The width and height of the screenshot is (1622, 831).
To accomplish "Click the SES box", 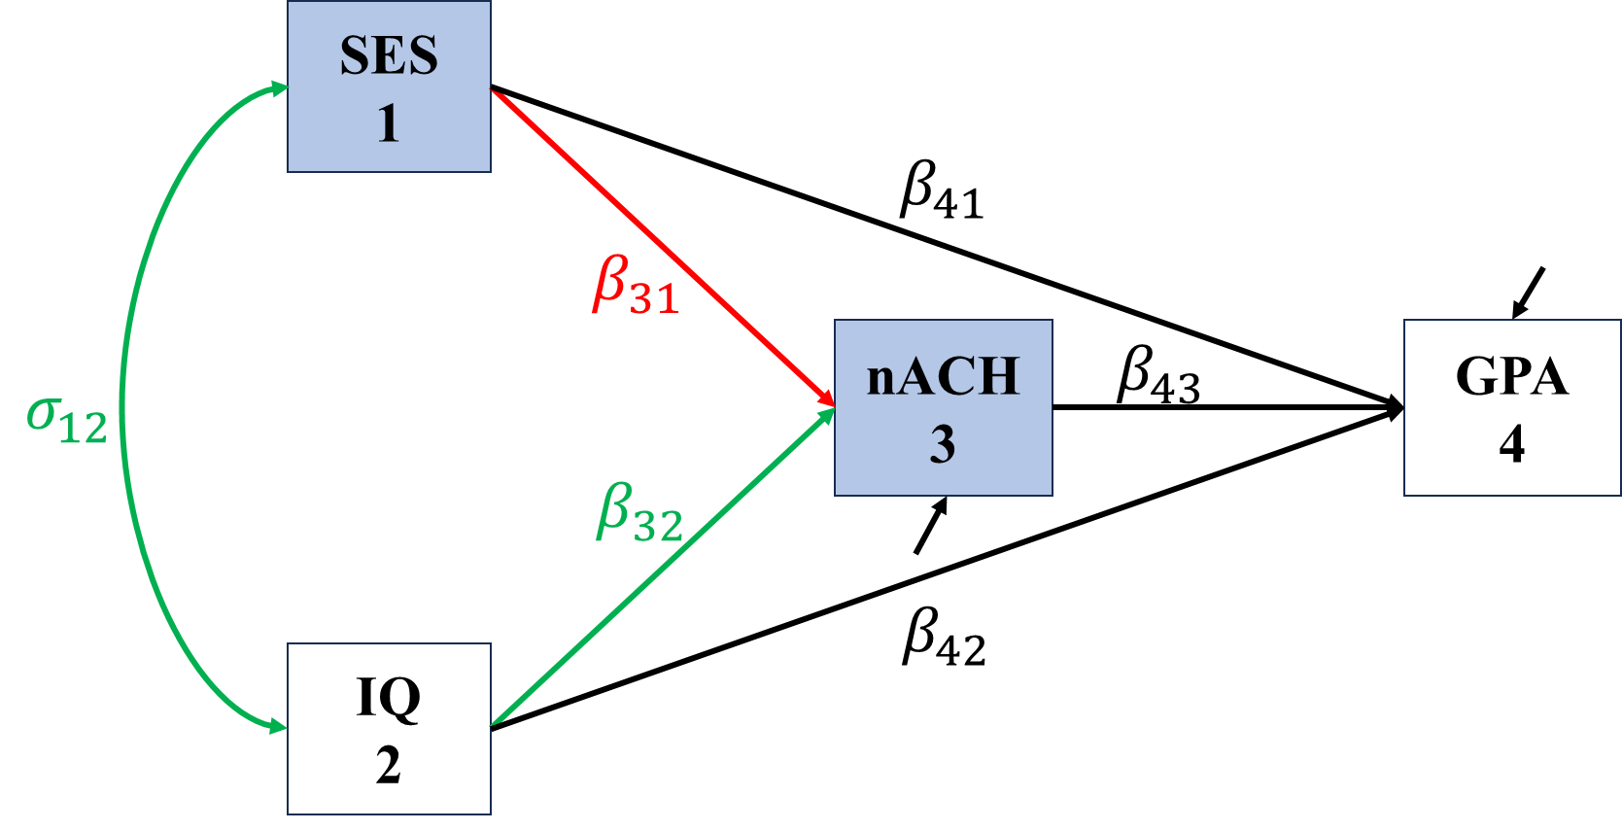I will tap(389, 87).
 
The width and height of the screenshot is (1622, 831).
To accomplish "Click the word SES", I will tap(389, 56).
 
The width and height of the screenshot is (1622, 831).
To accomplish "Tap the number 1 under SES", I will tap(389, 124).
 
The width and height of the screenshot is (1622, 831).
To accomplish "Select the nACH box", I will tap(943, 407).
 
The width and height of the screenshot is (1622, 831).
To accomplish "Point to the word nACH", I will tap(943, 377).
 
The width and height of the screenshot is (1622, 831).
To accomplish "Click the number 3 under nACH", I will tap(943, 445).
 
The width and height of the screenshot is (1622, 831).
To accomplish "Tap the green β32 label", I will tap(639, 513).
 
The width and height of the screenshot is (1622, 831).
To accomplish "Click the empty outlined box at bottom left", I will tap(389, 728).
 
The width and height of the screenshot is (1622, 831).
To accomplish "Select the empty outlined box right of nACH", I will tap(1511, 407).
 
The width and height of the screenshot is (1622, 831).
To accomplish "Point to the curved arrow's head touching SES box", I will tap(280, 88).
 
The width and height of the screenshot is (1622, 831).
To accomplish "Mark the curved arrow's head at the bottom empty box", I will tap(279, 726).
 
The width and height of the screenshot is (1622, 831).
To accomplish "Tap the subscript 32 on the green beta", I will tap(659, 527).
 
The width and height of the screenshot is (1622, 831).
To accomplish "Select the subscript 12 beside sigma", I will tap(84, 429).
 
